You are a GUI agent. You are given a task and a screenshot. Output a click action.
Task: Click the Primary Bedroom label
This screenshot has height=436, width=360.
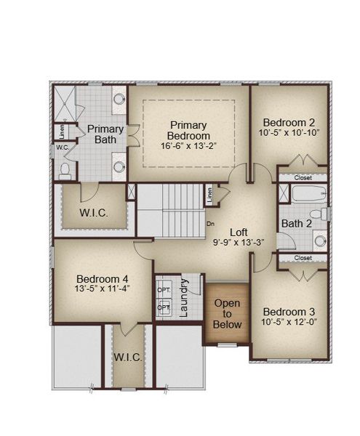click(188, 130)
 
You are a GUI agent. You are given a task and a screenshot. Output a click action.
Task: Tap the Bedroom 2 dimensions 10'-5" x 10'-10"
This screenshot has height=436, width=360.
click(289, 133)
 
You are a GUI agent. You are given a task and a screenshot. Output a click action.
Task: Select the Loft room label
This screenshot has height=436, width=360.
click(239, 233)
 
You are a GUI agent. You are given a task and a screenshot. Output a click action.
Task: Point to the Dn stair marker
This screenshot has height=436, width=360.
click(211, 224)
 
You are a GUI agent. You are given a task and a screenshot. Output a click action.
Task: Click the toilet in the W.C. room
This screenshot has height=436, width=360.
click(65, 171)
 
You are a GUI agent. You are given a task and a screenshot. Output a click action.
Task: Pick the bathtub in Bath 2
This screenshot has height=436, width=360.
click(309, 193)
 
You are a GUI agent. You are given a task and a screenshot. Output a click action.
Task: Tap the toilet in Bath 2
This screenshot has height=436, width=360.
click(319, 214)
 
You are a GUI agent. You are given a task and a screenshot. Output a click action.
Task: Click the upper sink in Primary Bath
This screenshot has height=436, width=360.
click(119, 100)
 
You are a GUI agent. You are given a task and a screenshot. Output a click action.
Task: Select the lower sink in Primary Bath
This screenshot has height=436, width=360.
click(119, 167)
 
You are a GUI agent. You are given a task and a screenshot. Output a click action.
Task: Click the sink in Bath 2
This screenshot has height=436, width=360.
click(320, 241)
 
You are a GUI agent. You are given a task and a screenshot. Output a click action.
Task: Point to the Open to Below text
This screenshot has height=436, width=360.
click(227, 314)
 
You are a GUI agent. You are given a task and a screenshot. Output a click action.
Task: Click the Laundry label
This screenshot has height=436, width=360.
click(184, 298)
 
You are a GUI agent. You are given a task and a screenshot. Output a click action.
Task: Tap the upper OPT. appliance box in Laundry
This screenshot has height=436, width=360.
click(164, 290)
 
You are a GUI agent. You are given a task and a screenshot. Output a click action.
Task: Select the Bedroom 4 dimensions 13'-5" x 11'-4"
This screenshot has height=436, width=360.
click(102, 288)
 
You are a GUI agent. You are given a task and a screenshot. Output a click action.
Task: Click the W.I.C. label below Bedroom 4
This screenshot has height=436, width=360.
click(128, 358)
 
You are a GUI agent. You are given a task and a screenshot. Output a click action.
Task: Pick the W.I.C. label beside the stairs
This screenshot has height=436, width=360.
click(94, 213)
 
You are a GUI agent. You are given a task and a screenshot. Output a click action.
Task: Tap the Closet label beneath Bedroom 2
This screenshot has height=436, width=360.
click(303, 178)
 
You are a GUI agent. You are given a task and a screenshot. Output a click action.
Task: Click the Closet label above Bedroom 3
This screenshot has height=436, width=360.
click(303, 258)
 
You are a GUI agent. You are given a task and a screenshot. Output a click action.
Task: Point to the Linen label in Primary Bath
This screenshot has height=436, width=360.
click(62, 132)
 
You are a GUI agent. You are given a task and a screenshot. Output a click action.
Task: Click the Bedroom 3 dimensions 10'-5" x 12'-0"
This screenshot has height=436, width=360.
click(289, 322)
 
